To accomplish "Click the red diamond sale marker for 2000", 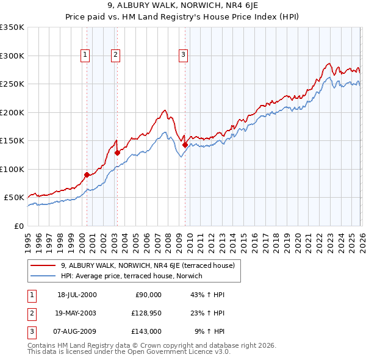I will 87,175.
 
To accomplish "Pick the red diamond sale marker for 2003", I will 117,153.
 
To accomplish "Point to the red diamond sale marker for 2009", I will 185,145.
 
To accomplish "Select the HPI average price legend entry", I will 135,276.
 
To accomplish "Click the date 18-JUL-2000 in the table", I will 76,295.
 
